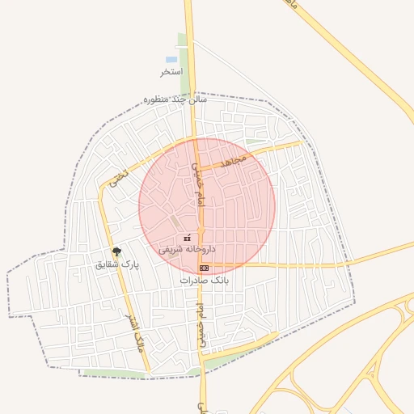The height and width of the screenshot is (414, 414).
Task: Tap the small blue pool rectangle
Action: point(171,60)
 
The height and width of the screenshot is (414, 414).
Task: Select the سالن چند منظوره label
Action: point(175,99)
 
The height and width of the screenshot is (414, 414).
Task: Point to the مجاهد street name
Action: point(233,161)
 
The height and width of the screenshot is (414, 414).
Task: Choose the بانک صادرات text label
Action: point(205,280)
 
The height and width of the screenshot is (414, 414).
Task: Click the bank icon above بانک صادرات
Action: point(204,268)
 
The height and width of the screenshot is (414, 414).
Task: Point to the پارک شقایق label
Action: point(117,264)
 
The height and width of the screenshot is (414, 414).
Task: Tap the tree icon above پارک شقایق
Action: point(117,251)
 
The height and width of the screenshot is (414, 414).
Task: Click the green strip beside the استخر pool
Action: point(184,65)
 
